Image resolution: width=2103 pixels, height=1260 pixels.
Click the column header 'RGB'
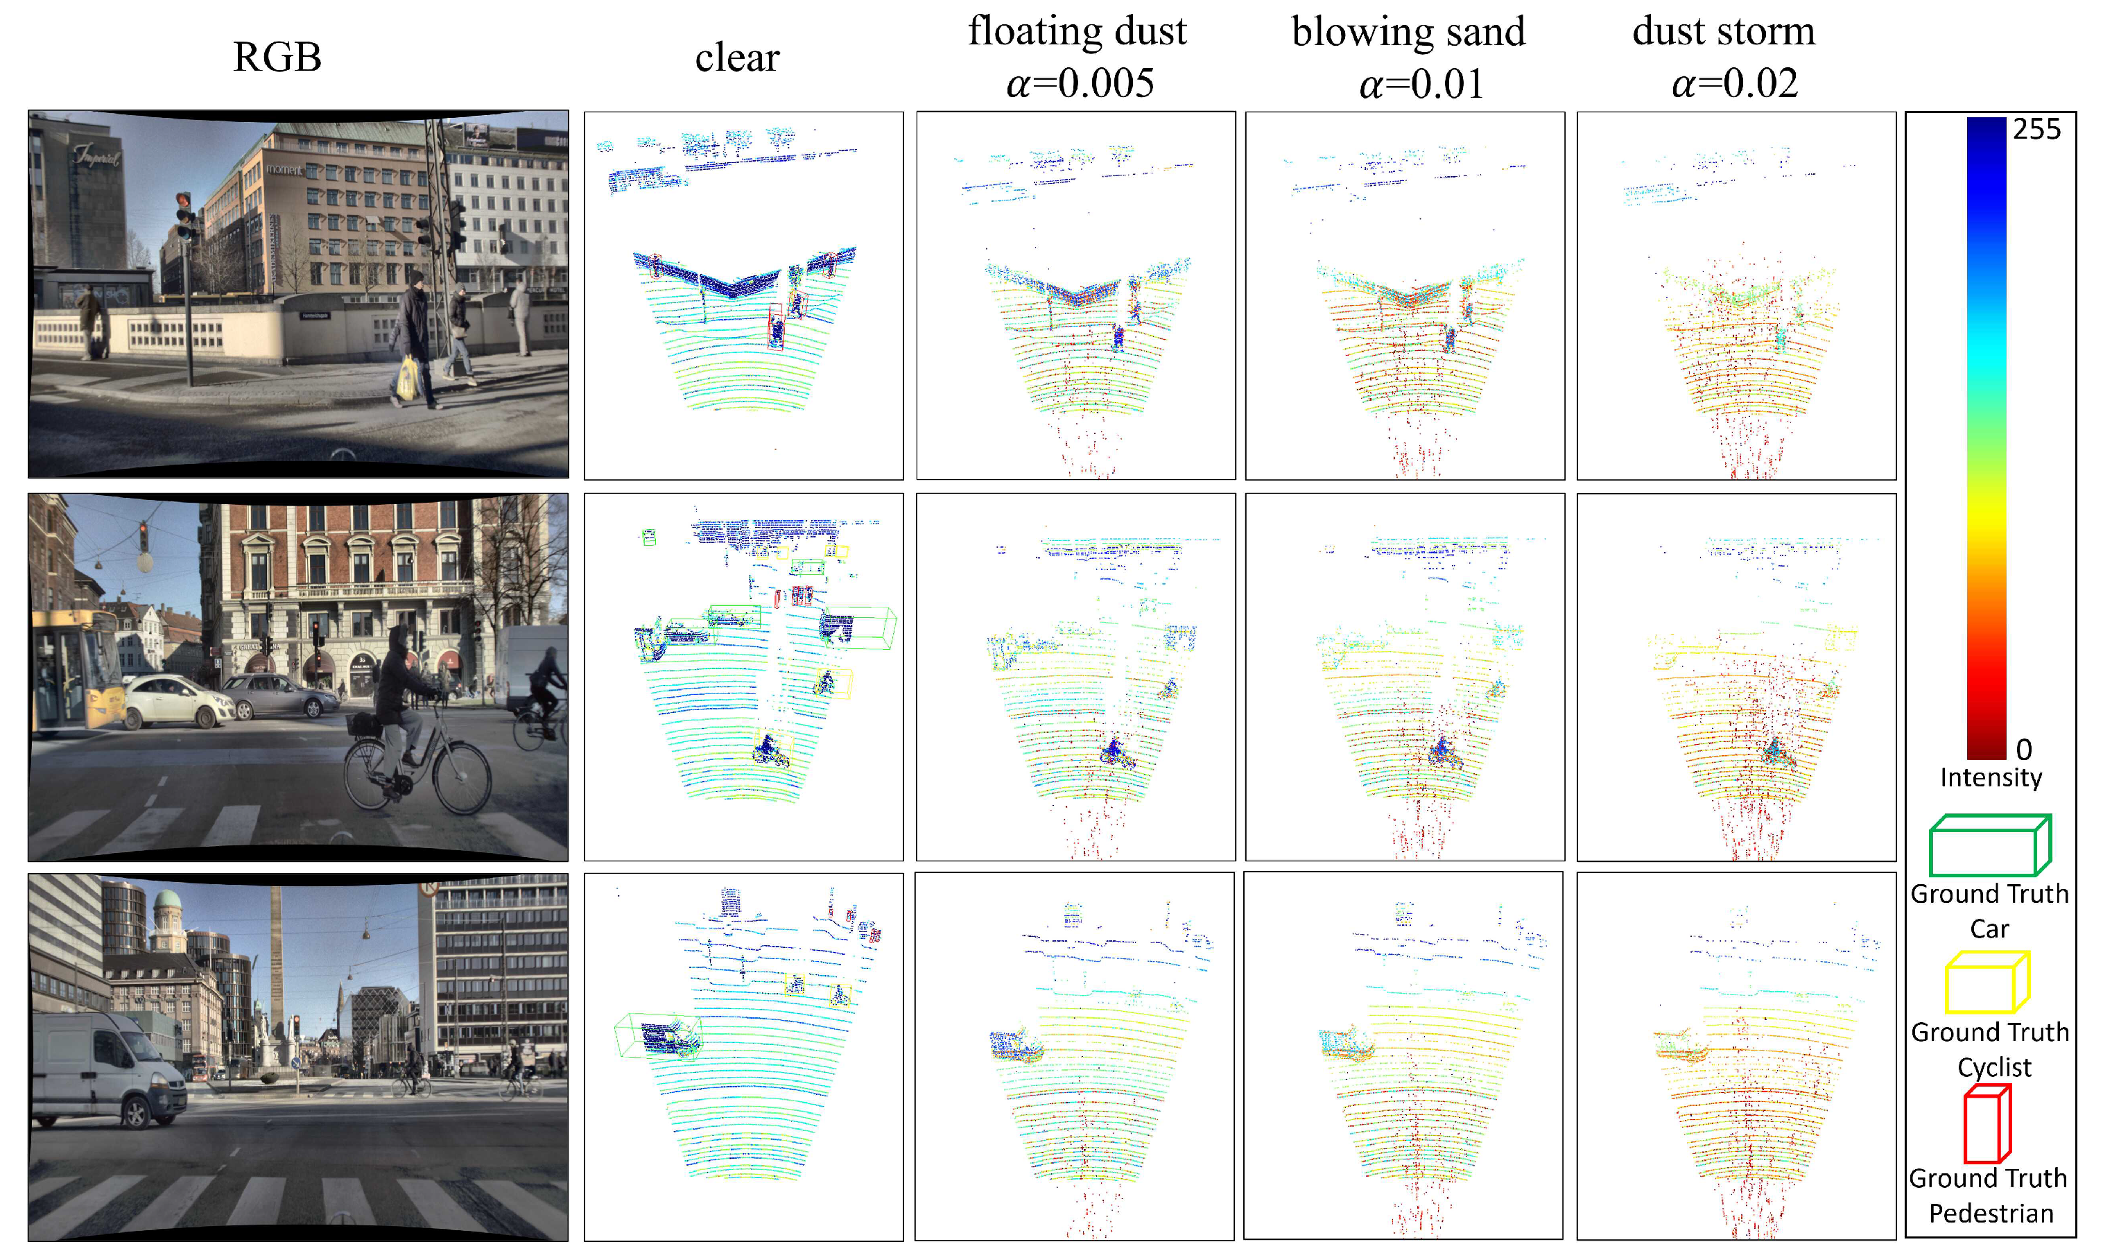(277, 58)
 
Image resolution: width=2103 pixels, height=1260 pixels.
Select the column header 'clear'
(736, 58)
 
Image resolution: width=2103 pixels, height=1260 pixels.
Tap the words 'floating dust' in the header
(1077, 31)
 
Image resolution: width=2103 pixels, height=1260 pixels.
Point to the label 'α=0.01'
(1421, 84)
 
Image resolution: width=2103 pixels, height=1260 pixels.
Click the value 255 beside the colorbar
(2036, 129)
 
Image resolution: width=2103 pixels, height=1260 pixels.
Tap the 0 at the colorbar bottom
(2024, 749)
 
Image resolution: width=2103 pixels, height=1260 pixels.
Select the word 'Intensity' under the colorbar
(1991, 777)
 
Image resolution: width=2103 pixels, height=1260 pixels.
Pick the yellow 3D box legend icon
(1987, 983)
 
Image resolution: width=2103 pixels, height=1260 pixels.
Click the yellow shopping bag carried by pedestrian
(408, 378)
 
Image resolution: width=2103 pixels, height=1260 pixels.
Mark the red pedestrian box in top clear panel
(775, 327)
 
